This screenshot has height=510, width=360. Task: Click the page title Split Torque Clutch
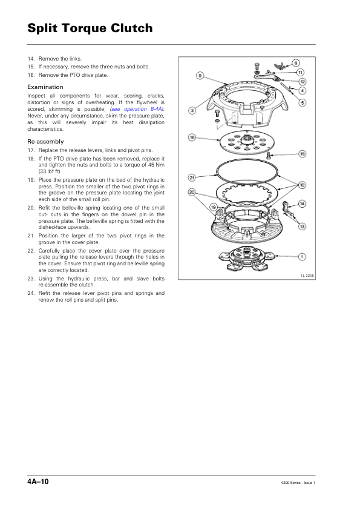point(90,28)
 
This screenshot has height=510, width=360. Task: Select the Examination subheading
point(45,87)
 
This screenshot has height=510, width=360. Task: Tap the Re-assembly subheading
point(45,142)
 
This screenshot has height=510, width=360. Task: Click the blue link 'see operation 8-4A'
point(137,109)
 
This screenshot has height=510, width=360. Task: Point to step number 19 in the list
point(31,180)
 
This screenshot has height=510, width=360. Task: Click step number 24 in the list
point(31,293)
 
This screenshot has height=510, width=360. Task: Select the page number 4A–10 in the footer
point(38,482)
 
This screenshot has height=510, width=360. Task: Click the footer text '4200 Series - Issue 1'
point(298,483)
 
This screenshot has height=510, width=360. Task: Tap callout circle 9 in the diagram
point(200,76)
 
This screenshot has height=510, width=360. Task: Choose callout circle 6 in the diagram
point(296,63)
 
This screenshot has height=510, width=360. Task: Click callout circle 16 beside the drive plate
point(192,137)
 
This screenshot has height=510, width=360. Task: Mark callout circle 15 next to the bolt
point(302,154)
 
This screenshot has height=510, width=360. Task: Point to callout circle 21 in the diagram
point(192,178)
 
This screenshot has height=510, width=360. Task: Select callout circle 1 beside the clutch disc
point(302,257)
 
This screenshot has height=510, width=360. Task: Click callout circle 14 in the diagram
point(302,204)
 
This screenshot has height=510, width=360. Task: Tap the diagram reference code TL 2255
point(307,276)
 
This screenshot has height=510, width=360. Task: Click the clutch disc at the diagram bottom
point(244,257)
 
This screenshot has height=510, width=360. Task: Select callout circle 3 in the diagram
point(192,111)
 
